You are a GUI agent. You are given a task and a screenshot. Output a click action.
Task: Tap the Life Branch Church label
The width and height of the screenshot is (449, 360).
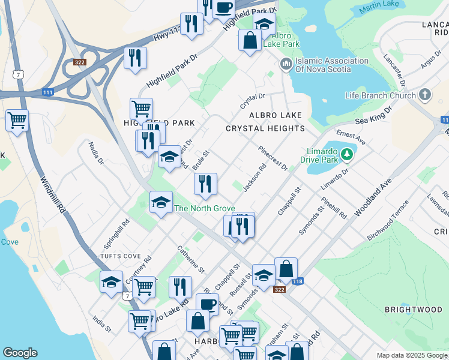click(x=381, y=95)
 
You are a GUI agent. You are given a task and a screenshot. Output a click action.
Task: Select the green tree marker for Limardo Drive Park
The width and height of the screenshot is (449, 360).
click(x=346, y=155)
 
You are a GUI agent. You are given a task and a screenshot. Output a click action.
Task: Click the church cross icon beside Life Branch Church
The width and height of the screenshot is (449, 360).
click(x=425, y=95)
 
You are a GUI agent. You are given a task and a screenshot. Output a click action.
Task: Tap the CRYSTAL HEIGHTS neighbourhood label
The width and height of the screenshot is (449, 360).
click(x=265, y=128)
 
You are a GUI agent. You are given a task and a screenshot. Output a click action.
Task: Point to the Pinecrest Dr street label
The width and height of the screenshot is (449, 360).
click(x=273, y=158)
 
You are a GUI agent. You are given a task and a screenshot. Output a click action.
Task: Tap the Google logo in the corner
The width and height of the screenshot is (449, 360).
click(x=20, y=353)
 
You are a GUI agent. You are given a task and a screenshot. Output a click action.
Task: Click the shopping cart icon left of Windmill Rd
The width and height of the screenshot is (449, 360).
click(x=17, y=120)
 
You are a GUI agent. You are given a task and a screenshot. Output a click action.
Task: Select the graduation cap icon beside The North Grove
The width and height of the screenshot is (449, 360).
click(x=161, y=202)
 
